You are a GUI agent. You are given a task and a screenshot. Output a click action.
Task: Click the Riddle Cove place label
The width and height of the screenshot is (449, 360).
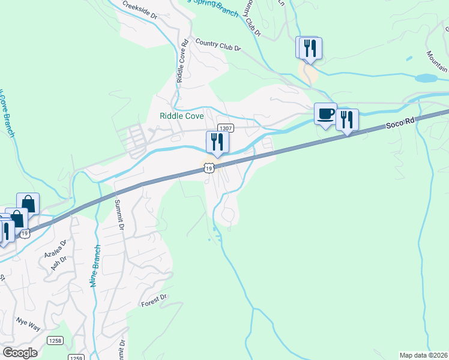click(x=181, y=116)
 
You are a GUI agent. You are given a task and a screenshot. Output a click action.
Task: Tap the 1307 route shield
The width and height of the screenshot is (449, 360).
click(x=225, y=127)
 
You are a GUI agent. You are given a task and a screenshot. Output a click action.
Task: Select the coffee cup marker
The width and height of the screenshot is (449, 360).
click(x=326, y=113)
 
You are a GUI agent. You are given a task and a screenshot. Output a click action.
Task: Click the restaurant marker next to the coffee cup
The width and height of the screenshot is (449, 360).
click(x=347, y=119)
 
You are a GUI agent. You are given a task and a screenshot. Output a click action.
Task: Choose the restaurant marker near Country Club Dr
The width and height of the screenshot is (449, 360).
click(x=310, y=48)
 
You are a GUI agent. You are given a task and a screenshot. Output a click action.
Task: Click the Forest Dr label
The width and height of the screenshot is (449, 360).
click(x=154, y=301)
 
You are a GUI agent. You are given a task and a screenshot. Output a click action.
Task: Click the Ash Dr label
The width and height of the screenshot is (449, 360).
click(x=59, y=262)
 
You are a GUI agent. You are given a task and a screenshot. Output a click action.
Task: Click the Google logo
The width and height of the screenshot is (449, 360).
click(x=19, y=352)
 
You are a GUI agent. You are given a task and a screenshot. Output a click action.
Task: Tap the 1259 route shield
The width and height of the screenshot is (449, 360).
click(x=76, y=358)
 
